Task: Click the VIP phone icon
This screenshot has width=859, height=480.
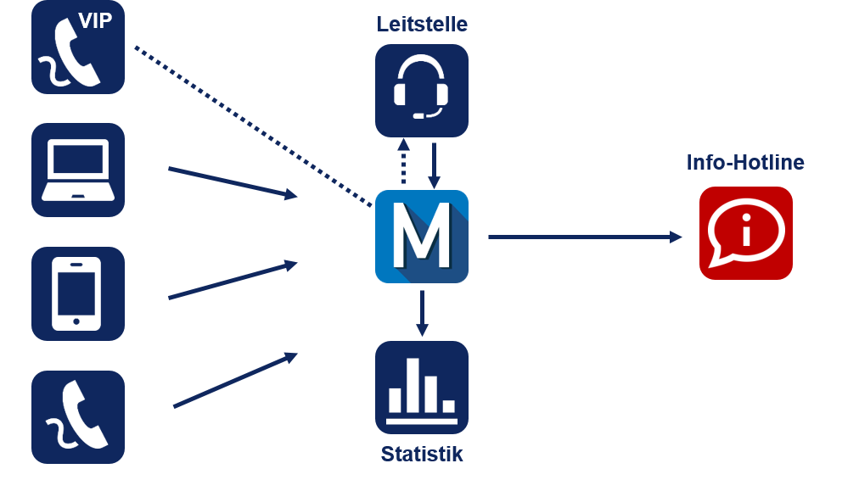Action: tap(78, 47)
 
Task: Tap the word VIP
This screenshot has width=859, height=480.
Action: tap(95, 21)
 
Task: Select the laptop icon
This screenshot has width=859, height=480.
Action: tap(78, 170)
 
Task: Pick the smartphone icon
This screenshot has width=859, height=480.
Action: tap(78, 293)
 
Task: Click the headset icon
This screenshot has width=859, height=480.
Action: tap(422, 91)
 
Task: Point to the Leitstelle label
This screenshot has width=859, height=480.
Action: tap(422, 25)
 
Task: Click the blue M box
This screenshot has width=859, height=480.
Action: tap(422, 237)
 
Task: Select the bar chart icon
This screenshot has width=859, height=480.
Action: tap(422, 388)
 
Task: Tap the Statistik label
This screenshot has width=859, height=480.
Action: tap(422, 454)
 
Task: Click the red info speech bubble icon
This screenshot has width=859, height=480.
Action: tap(745, 233)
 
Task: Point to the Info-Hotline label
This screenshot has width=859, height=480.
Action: tap(745, 163)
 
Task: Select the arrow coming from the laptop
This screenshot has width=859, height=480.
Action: tap(233, 182)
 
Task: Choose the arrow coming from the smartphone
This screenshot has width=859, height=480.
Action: tap(233, 281)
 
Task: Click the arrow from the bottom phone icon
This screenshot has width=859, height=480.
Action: tap(235, 381)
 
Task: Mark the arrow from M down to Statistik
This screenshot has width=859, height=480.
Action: tap(422, 313)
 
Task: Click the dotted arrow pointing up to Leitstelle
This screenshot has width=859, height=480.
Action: tap(404, 163)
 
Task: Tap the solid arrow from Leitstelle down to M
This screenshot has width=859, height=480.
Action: tap(434, 165)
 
